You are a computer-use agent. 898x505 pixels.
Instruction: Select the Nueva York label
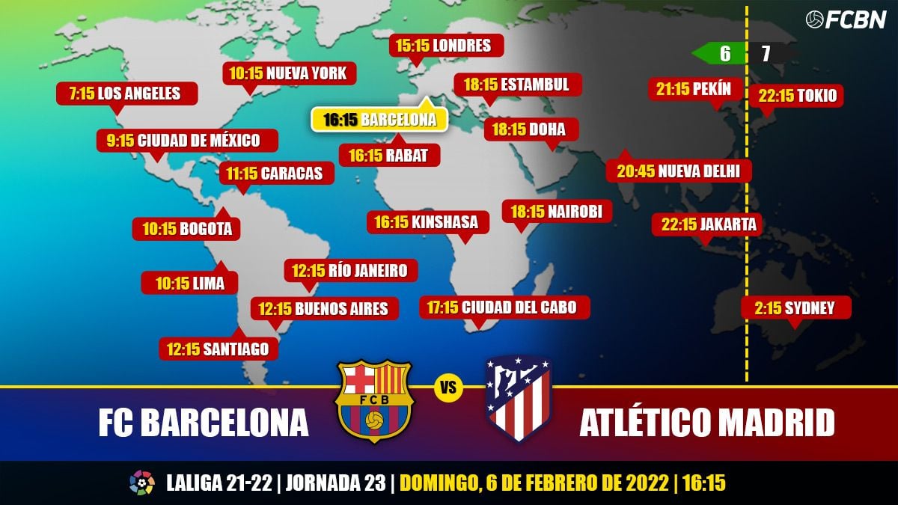[x=289, y=73]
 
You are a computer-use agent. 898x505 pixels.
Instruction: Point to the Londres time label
[x=446, y=46]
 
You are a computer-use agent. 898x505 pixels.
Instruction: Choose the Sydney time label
[x=798, y=307]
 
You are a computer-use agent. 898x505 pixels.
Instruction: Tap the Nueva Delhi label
[x=679, y=171]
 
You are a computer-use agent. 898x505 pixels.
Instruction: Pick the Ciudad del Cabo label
[x=507, y=307]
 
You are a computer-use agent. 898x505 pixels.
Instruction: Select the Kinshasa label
[x=427, y=221]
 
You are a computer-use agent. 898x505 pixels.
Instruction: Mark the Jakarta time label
[x=708, y=224]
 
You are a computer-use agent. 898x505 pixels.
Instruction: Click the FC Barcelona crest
[x=374, y=400]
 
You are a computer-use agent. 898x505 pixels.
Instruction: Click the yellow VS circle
[x=448, y=388]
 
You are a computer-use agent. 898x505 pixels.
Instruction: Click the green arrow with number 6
[x=719, y=54]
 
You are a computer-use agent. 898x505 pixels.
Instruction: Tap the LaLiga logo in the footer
[x=141, y=483]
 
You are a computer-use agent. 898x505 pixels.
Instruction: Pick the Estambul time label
[x=516, y=84]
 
